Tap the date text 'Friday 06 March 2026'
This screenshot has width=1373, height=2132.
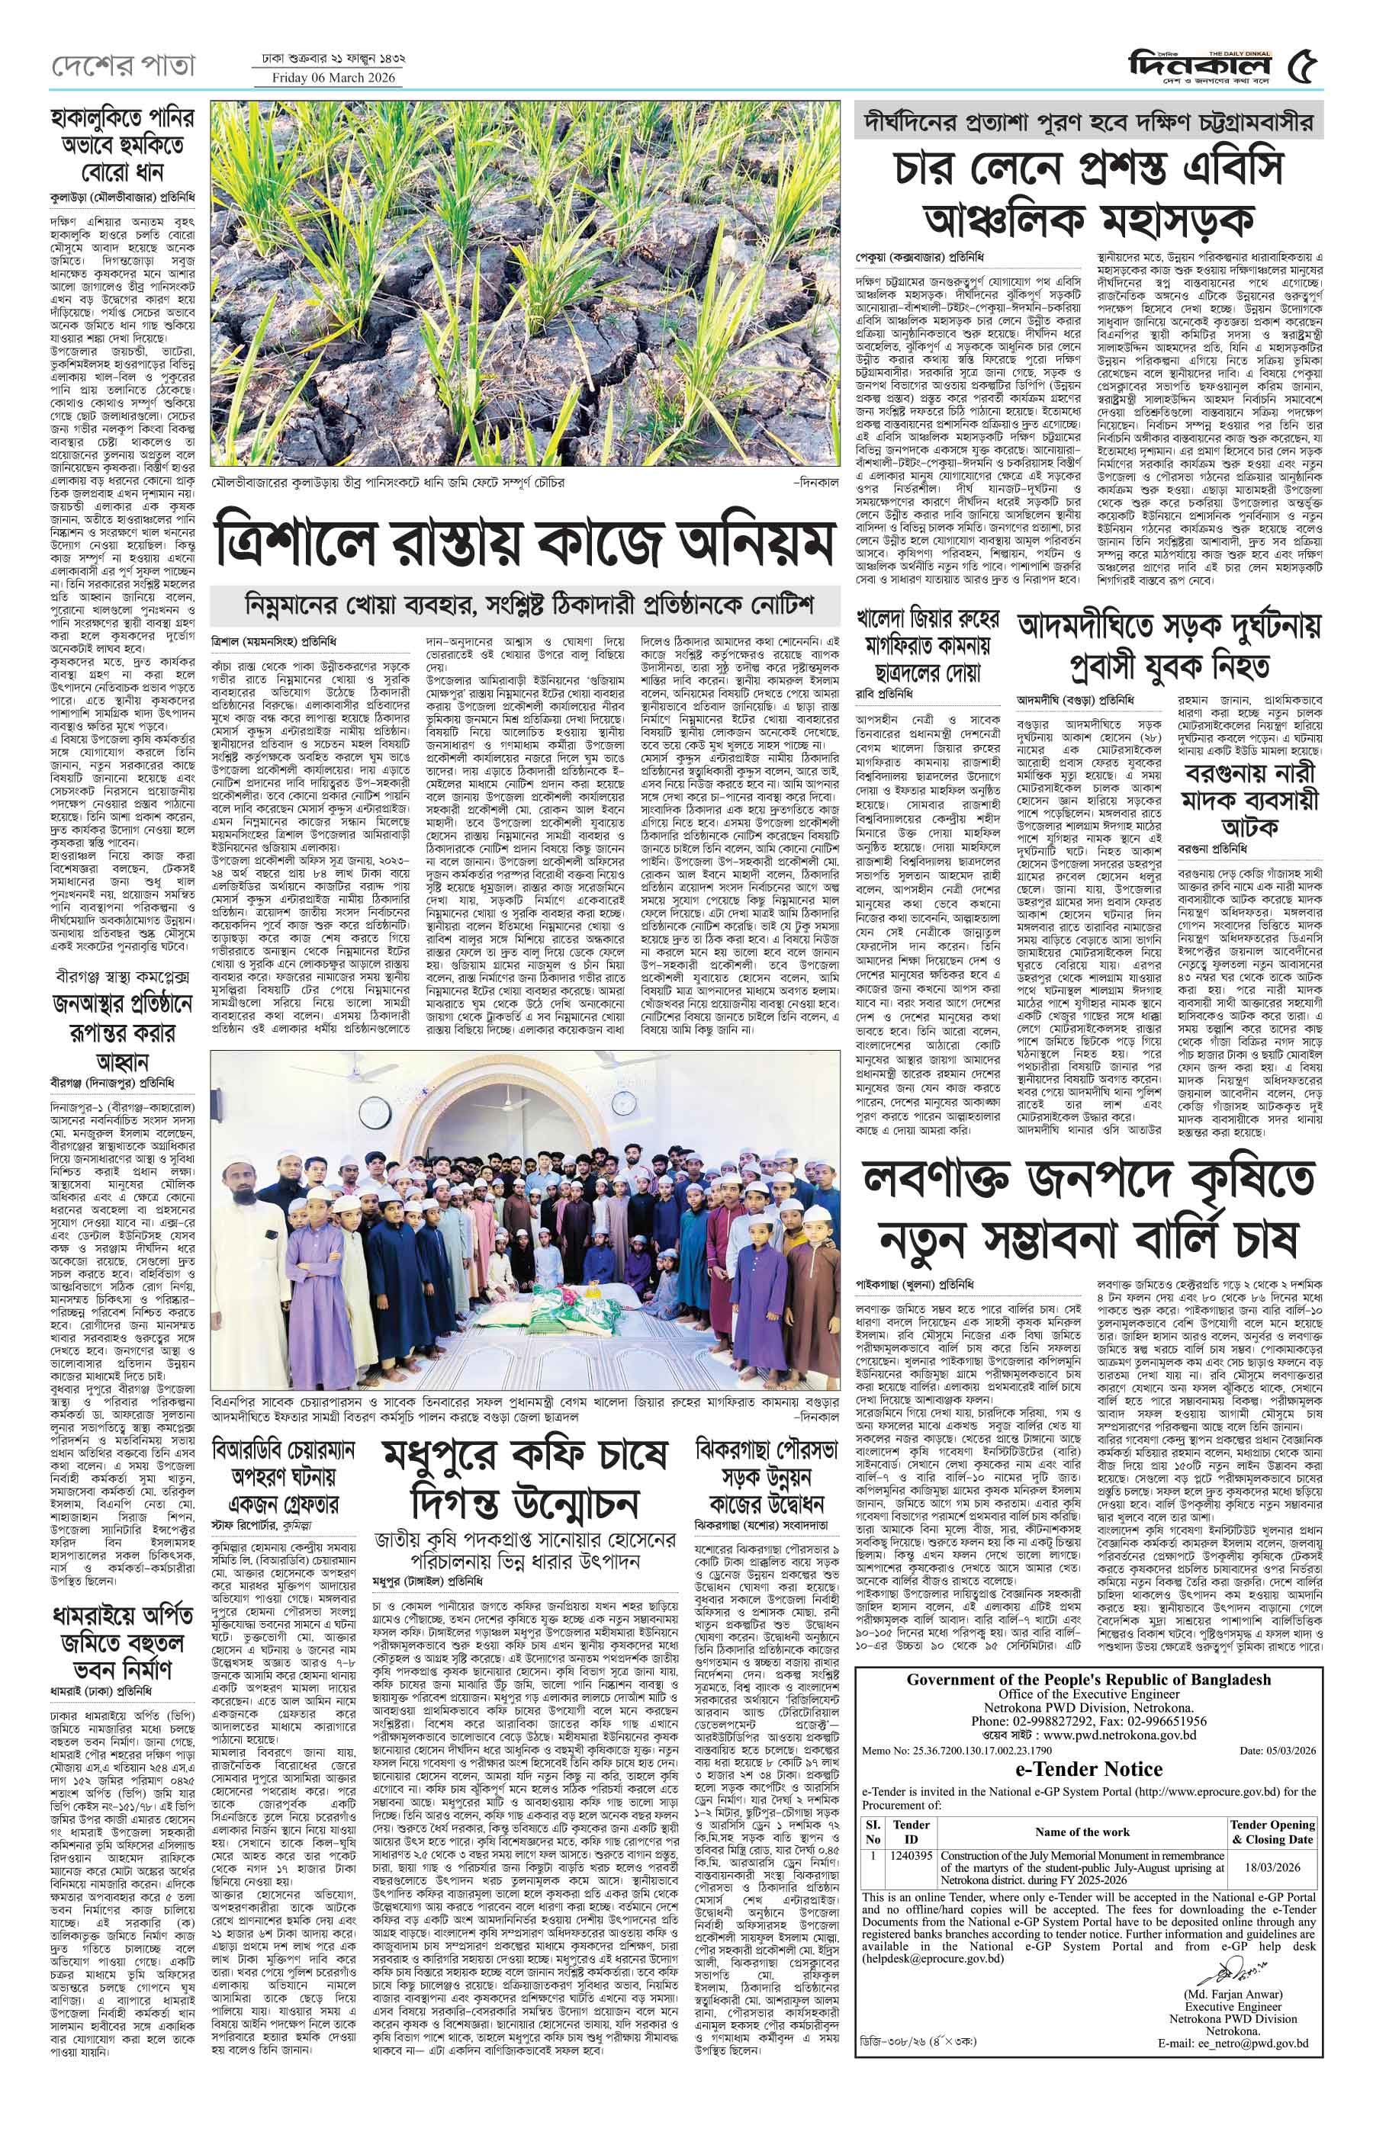[327, 78]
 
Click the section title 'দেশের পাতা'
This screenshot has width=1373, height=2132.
[121, 66]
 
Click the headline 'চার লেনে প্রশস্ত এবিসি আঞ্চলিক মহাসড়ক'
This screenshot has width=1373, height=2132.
[1087, 195]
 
